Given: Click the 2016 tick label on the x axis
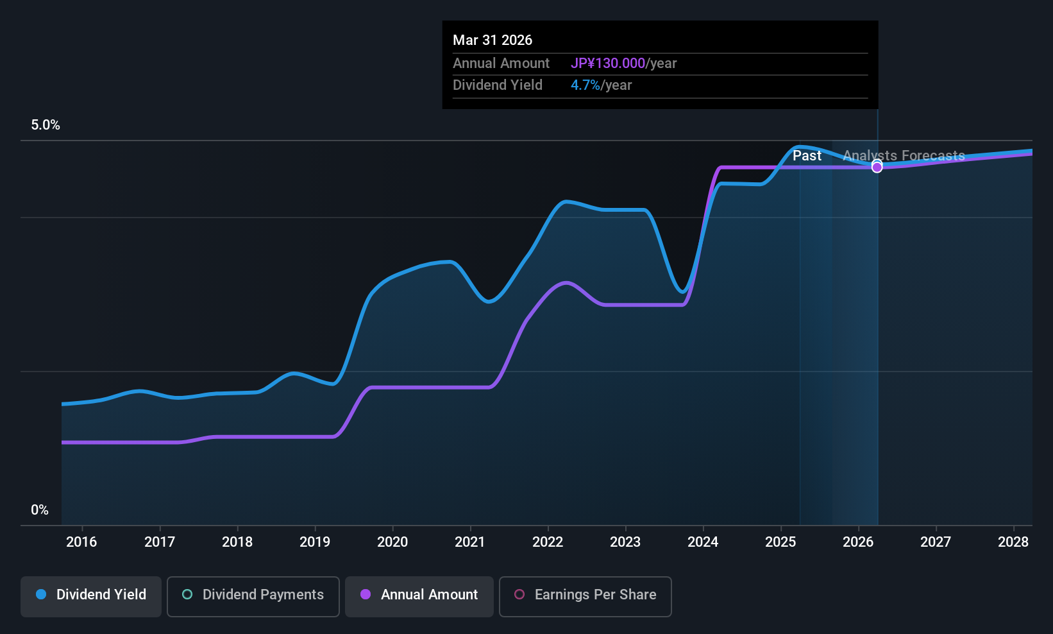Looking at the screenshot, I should tap(81, 542).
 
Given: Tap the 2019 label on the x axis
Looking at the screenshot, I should tap(315, 542).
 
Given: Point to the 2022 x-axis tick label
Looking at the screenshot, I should tap(548, 542).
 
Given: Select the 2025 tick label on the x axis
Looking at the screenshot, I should tap(780, 542).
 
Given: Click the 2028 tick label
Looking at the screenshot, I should tap(1013, 542).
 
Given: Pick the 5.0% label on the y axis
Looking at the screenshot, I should tap(46, 125).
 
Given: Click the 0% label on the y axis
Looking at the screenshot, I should tap(40, 510).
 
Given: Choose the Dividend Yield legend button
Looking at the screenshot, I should tap(91, 595).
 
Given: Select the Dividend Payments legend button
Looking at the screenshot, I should tap(253, 595).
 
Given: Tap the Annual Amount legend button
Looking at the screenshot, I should tap(419, 595).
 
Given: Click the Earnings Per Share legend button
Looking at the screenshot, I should tap(585, 595).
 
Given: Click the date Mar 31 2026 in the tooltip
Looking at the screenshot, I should tap(493, 40).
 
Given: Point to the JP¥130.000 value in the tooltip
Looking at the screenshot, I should tap(608, 64).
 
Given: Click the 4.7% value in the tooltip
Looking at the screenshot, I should tap(585, 85).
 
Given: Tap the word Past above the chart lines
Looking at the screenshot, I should tap(807, 156).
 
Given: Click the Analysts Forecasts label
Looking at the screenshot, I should tap(904, 156).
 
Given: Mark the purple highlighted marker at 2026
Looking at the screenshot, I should tap(877, 167).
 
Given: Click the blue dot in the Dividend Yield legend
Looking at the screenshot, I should tap(41, 595).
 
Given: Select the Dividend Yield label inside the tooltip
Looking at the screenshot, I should tap(498, 85).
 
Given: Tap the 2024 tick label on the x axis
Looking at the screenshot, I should tap(703, 542).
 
